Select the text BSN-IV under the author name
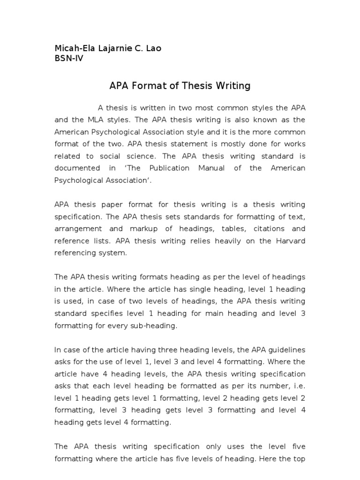point(69,59)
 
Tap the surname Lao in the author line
point(153,49)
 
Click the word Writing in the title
point(233,86)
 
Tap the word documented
point(77,168)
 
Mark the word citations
point(272,229)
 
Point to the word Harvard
point(289,241)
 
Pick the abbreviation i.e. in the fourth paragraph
point(298,386)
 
